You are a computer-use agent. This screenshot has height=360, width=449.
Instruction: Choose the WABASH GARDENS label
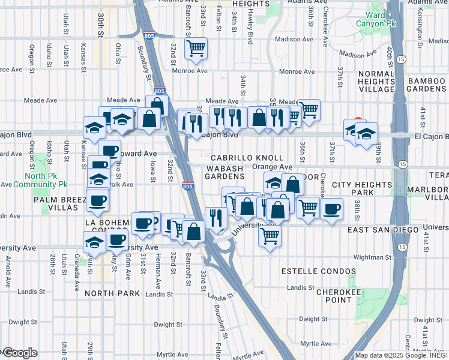click(x=225, y=172)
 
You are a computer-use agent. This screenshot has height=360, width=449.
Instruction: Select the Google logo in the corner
click(x=19, y=353)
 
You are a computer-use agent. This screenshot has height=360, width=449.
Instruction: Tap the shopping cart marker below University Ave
click(x=270, y=236)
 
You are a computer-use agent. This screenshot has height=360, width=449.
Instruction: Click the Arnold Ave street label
click(x=8, y=263)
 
